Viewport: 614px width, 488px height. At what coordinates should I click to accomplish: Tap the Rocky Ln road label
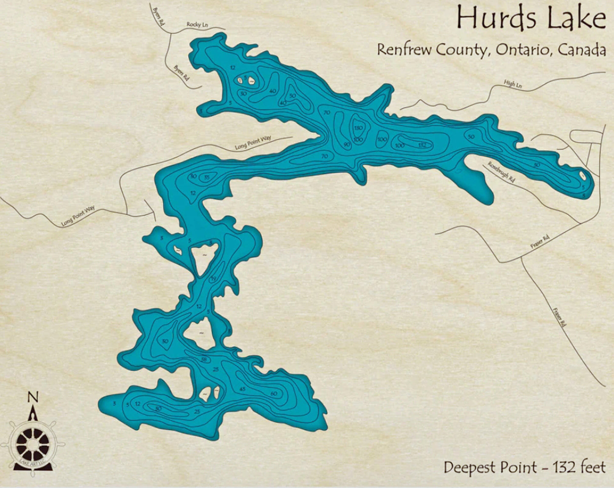pyautogui.click(x=197, y=25)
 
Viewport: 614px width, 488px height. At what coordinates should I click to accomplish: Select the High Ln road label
pyautogui.click(x=512, y=84)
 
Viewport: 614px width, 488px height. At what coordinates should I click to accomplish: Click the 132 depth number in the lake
pyautogui.click(x=422, y=145)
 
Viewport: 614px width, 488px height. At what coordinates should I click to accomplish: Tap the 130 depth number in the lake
pyautogui.click(x=358, y=128)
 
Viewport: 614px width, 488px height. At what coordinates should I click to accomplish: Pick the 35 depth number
pyautogui.click(x=207, y=177)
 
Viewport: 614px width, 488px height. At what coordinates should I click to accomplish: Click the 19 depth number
pyautogui.click(x=213, y=279)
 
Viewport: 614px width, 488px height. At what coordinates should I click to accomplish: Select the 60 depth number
pyautogui.click(x=274, y=394)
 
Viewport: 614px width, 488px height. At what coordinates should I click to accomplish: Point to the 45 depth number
pyautogui.click(x=243, y=389)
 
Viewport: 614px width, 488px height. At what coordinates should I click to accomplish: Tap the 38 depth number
pyautogui.click(x=204, y=360)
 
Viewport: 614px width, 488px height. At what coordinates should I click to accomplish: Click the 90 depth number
pyautogui.click(x=347, y=145)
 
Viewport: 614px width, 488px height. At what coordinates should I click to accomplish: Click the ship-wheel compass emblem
pyautogui.click(x=33, y=444)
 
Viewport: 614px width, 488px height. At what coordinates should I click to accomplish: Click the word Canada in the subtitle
pyautogui.click(x=581, y=50)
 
